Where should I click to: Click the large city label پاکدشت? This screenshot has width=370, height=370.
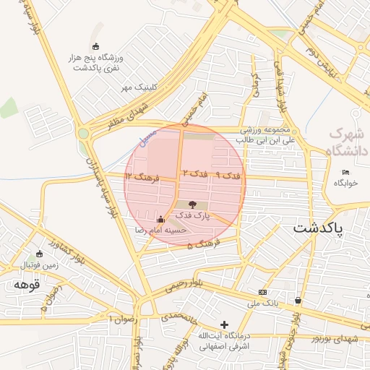319,228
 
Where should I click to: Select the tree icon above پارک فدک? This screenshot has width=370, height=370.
192,205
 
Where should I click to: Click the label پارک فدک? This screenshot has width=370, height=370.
193,215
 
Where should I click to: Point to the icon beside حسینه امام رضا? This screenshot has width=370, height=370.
160,219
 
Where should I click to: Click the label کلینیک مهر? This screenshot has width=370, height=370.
139,87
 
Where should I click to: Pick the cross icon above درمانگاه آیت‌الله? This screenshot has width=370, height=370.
224,324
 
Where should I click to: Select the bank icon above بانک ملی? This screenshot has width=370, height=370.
262,291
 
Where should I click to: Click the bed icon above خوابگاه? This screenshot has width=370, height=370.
346,172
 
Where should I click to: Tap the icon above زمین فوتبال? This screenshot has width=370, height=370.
39,254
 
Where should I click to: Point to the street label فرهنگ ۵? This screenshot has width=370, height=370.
200,246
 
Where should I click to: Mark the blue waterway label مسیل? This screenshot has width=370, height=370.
147,133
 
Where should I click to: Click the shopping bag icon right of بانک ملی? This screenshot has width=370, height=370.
298,300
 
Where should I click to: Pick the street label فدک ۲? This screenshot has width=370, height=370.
194,174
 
